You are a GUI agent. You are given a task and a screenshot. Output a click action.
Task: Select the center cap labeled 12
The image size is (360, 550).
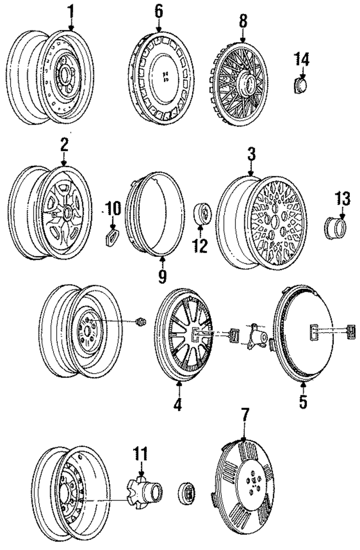tap(203, 215)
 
